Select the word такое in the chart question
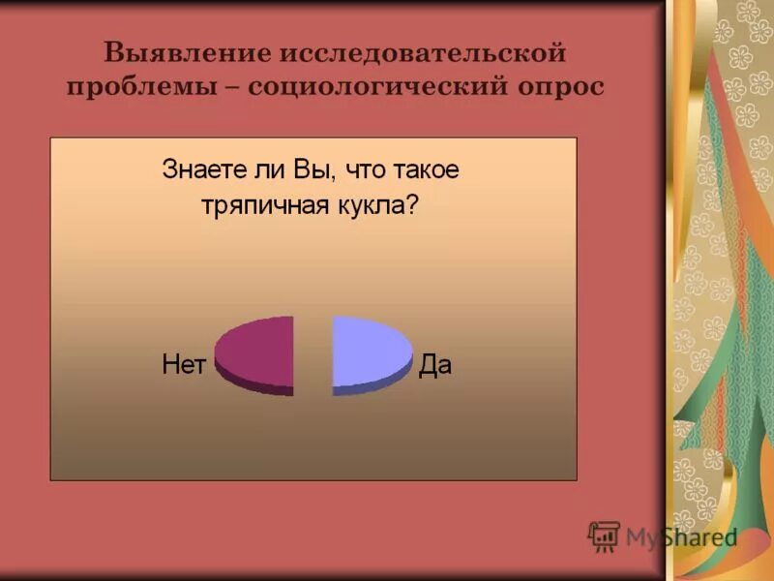425,170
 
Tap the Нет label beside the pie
184,365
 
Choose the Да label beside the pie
435,365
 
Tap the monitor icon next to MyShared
604,535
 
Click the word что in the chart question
358,170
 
